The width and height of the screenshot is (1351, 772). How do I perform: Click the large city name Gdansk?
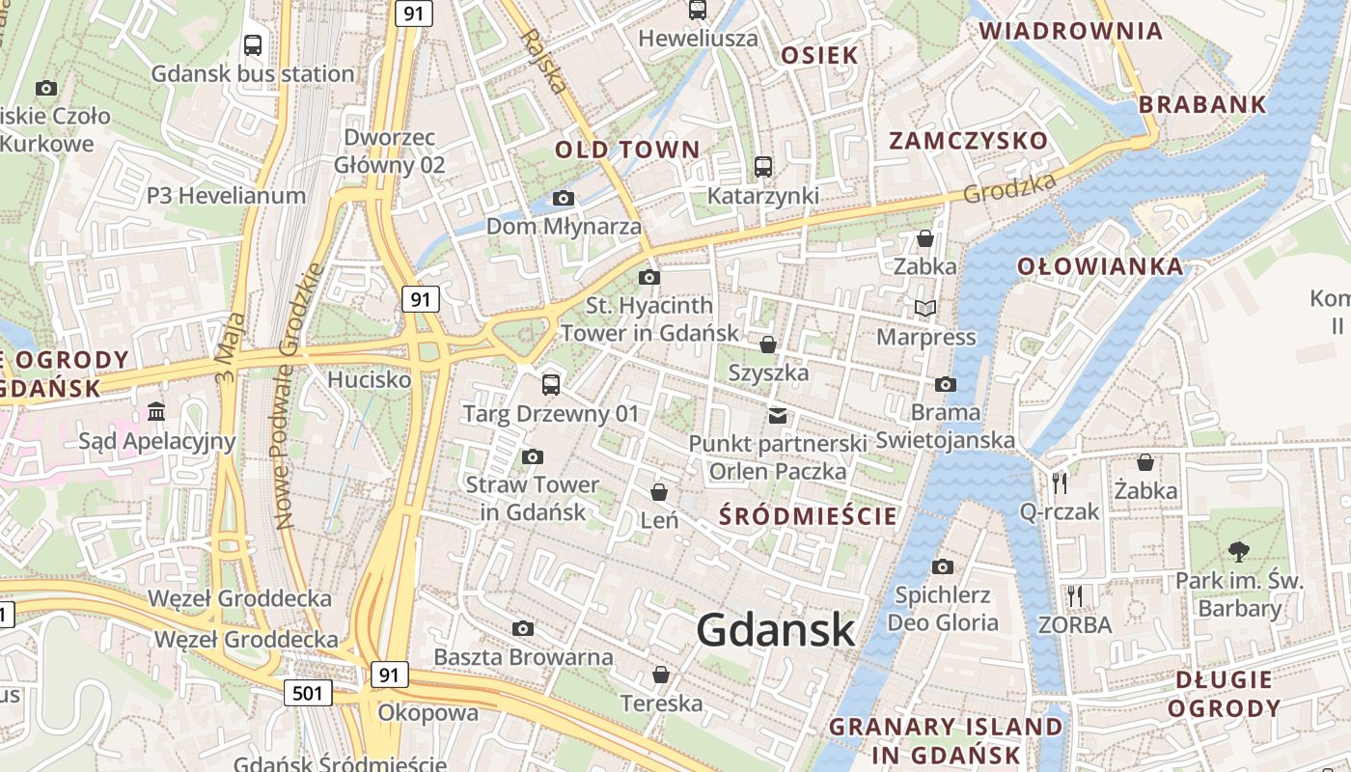(x=775, y=630)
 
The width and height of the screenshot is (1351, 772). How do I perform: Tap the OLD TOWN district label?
(x=627, y=150)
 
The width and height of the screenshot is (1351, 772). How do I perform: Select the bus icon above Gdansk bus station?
(x=253, y=45)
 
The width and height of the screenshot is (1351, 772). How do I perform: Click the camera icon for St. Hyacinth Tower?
(x=649, y=278)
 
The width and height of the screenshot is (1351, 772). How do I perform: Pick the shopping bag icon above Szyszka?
(x=768, y=345)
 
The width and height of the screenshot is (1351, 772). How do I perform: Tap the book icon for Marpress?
(x=925, y=309)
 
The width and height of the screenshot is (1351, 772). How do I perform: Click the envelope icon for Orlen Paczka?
(x=777, y=416)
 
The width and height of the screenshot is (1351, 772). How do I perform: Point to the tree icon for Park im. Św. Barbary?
(x=1238, y=552)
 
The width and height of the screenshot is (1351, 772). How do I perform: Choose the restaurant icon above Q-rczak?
(x=1060, y=482)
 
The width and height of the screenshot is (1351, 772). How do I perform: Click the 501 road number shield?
(x=309, y=692)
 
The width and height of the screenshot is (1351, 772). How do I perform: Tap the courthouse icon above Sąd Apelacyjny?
(x=156, y=413)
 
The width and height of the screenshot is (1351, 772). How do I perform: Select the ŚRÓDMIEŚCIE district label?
(x=809, y=515)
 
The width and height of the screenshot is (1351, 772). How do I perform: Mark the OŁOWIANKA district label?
(x=1100, y=266)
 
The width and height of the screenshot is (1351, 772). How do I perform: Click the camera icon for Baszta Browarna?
(x=523, y=629)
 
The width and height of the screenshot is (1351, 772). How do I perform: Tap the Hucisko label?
(x=369, y=379)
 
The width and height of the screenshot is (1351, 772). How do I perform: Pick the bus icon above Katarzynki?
(x=763, y=167)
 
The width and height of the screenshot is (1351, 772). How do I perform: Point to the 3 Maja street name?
(x=233, y=345)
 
